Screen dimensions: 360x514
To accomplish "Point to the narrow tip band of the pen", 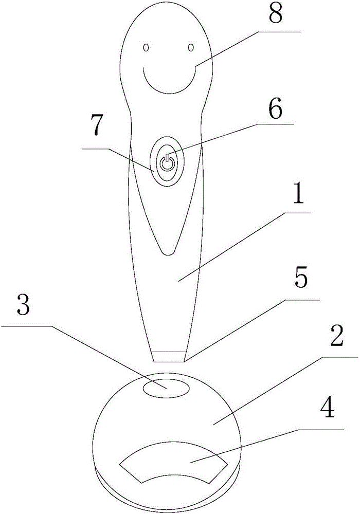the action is [x=168, y=356].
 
